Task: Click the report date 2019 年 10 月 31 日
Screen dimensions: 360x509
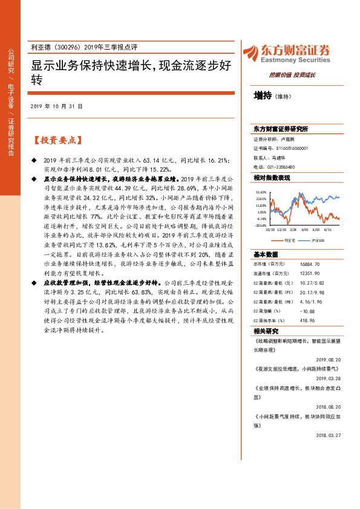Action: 56,106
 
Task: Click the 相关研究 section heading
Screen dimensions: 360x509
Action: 267,331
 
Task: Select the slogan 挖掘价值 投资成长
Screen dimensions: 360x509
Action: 292,75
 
